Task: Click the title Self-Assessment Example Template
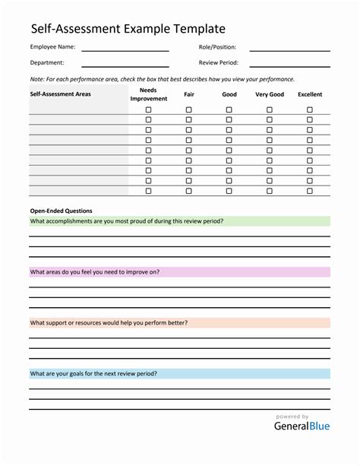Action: coord(128,29)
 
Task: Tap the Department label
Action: coord(47,63)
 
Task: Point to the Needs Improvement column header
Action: coord(148,94)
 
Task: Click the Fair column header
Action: coord(188,95)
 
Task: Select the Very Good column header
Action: coord(270,95)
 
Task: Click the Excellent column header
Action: coord(310,95)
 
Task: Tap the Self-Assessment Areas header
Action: coord(61,95)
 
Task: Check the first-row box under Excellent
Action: coord(310,109)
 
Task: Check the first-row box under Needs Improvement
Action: coord(148,109)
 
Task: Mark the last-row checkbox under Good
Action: coord(229,191)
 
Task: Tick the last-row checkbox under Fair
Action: coord(188,191)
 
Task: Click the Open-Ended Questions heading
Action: coord(61,211)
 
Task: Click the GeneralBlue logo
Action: coord(302,426)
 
